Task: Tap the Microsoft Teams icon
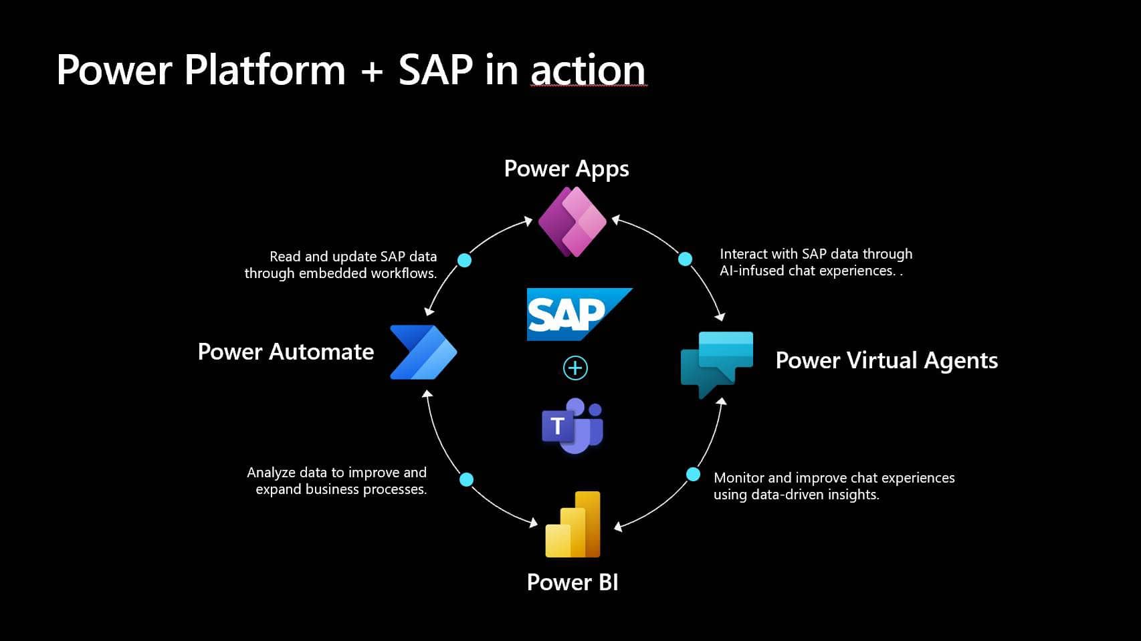pos(573,425)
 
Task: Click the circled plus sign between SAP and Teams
pos(575,368)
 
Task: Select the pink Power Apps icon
pos(573,222)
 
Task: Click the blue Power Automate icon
pos(423,352)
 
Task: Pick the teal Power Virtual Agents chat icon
pos(716,363)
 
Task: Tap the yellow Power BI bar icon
pos(574,525)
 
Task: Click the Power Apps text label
pos(566,169)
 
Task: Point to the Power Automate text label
pos(286,352)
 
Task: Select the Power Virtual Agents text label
pos(886,360)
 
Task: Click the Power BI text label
pos(573,582)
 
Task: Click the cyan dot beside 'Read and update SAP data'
pos(464,260)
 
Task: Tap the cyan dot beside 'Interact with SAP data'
pos(685,259)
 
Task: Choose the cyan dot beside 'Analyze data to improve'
pos(467,479)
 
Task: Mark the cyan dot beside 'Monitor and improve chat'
pos(693,474)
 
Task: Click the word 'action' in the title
pos(588,70)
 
